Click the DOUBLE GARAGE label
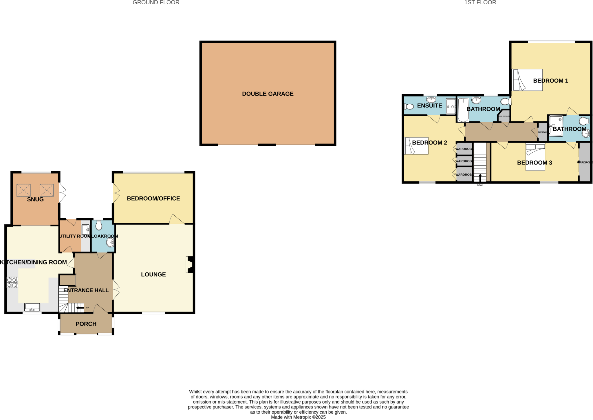268,94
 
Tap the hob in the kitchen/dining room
12,282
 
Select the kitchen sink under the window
32,307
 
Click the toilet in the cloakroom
99,225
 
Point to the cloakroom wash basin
110,243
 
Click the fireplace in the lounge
190,264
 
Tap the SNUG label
35,199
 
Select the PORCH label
86,324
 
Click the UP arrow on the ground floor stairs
80,308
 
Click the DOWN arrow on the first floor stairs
480,177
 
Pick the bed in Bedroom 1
527,80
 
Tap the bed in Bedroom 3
535,157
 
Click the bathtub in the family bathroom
463,110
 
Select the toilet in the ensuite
409,107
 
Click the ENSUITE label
429,106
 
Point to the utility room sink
85,230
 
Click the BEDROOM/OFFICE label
153,199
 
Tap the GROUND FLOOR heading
156,3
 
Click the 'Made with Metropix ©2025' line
298,417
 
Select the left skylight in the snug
23,190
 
